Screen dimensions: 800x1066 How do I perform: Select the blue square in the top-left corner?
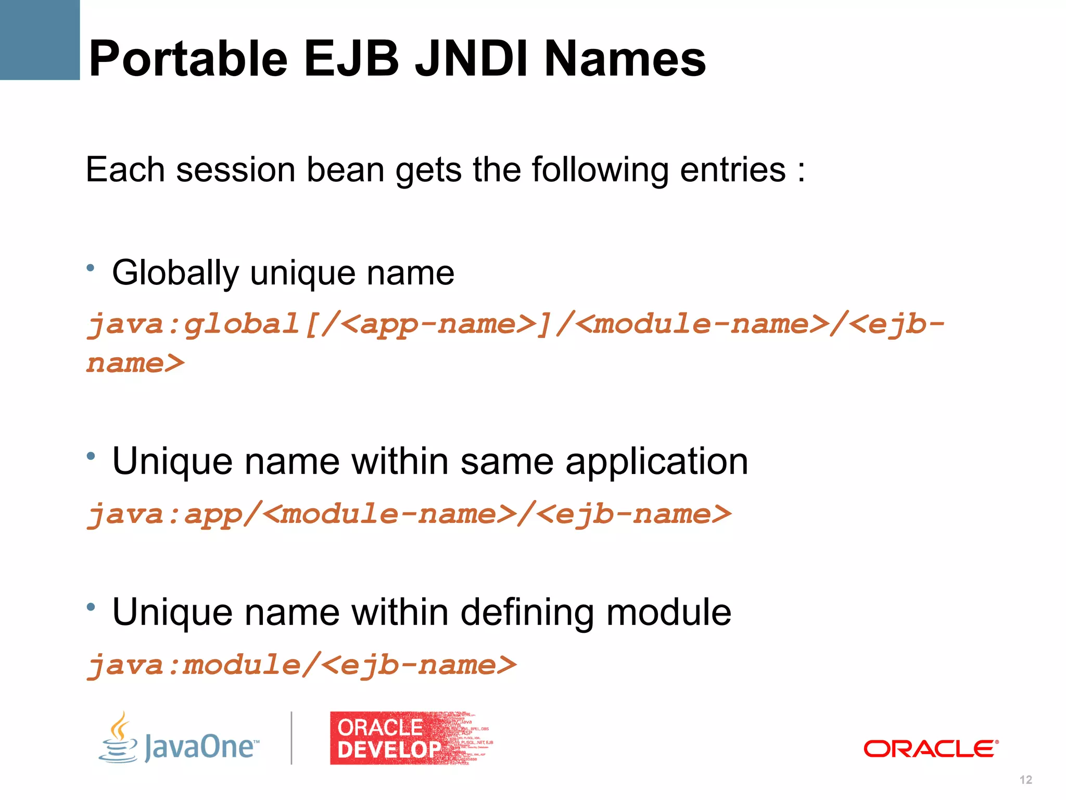click(40, 40)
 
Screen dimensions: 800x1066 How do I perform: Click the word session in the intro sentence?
click(236, 170)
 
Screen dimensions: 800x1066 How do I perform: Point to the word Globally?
click(175, 273)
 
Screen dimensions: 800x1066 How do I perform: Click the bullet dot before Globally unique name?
click(91, 268)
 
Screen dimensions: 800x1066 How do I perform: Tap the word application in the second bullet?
click(656, 461)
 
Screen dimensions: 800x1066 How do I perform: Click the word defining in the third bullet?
click(527, 612)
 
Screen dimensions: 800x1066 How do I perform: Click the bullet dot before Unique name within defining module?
click(91, 607)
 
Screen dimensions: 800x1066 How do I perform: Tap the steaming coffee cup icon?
click(119, 739)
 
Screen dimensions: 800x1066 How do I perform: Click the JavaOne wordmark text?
click(200, 747)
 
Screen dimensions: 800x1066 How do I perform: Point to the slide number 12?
click(1025, 780)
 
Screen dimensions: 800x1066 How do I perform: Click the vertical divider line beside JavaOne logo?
click(291, 738)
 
